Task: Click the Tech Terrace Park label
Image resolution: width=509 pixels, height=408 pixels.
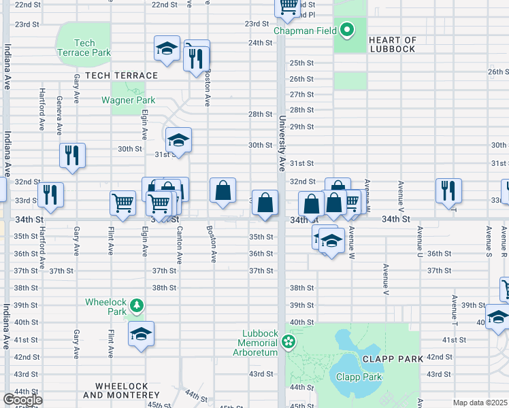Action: (85, 48)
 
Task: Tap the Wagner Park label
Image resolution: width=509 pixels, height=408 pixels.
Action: (129, 100)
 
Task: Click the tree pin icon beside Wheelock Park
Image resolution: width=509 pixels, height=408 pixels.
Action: (137, 305)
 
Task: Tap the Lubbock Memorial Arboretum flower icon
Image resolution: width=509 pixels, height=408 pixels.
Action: (289, 341)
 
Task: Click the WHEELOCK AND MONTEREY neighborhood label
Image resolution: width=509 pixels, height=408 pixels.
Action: (122, 390)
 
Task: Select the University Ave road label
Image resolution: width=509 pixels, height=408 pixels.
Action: (280, 143)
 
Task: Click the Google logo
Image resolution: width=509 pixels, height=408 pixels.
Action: (22, 400)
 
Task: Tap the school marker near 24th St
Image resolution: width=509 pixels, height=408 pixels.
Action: (167, 48)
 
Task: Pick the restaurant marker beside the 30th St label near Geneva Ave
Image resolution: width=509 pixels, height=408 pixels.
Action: (72, 156)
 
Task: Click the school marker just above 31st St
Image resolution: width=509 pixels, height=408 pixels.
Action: (178, 140)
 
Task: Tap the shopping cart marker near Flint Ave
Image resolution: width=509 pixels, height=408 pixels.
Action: (122, 202)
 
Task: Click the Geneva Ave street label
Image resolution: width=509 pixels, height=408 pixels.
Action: (59, 116)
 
